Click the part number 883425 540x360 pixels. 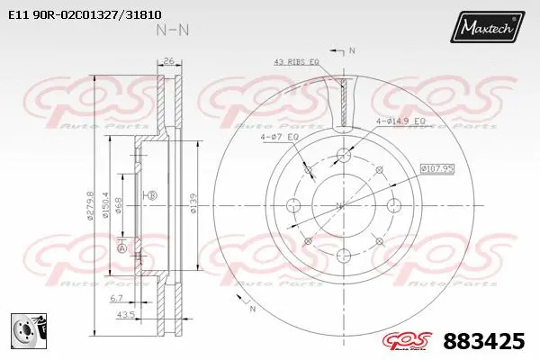pyautogui.click(x=484, y=341)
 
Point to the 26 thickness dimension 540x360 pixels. pyautogui.click(x=168, y=62)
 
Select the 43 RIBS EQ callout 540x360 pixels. pyautogui.click(x=296, y=61)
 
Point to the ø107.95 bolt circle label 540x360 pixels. pyautogui.click(x=436, y=166)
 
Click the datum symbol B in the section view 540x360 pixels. pyautogui.click(x=151, y=195)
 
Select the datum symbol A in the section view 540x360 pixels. pyautogui.click(x=121, y=248)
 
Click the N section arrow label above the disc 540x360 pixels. pyautogui.click(x=352, y=50)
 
